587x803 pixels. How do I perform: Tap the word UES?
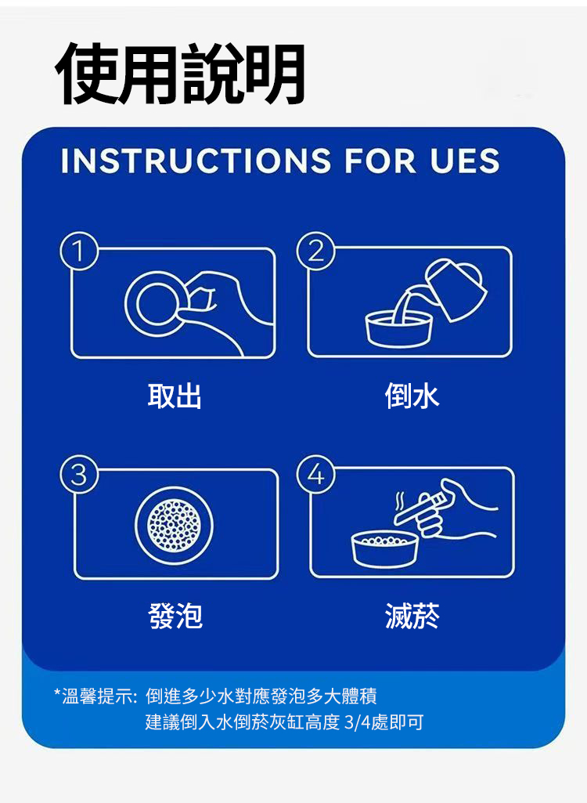click(x=464, y=161)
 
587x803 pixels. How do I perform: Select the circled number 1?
click(x=79, y=251)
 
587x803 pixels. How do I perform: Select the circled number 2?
click(x=315, y=251)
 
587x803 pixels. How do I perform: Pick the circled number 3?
click(x=79, y=475)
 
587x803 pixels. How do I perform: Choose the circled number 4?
click(x=315, y=475)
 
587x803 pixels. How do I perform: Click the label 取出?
click(x=175, y=396)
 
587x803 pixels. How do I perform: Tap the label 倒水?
click(x=412, y=396)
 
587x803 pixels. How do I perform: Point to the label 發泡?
click(x=175, y=615)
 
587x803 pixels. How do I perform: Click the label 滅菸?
click(x=412, y=615)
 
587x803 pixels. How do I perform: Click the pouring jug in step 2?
click(x=455, y=289)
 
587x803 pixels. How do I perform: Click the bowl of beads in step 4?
click(x=385, y=549)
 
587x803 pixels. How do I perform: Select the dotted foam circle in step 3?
click(x=174, y=524)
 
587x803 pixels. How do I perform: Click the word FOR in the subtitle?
click(x=380, y=161)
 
